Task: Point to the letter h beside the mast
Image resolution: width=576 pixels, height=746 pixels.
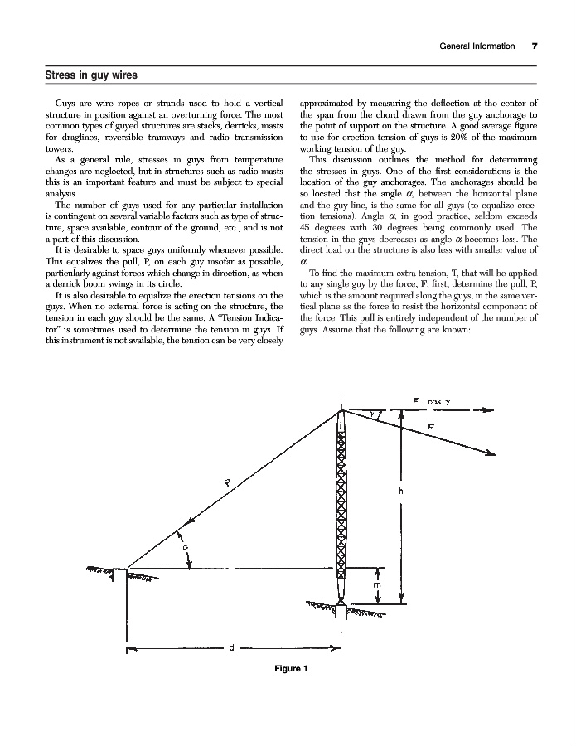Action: coord(401,491)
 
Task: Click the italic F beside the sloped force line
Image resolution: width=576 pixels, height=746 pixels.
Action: coord(431,425)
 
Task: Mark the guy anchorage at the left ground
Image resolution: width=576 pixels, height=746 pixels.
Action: coord(126,569)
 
